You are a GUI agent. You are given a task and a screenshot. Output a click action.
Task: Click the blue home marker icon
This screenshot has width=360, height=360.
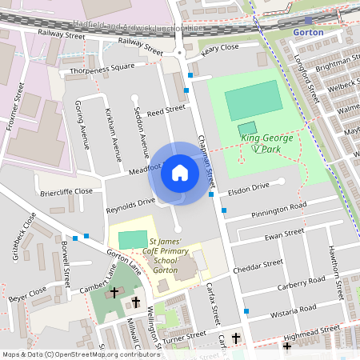(x=179, y=173)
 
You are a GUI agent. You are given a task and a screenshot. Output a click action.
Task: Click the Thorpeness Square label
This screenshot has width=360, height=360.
(x=103, y=67)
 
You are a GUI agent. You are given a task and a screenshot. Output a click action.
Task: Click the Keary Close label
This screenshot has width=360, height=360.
(x=221, y=50)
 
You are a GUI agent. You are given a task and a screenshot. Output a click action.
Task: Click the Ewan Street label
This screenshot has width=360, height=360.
(x=283, y=234)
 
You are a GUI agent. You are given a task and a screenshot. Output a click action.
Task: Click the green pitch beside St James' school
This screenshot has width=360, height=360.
(x=127, y=238)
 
